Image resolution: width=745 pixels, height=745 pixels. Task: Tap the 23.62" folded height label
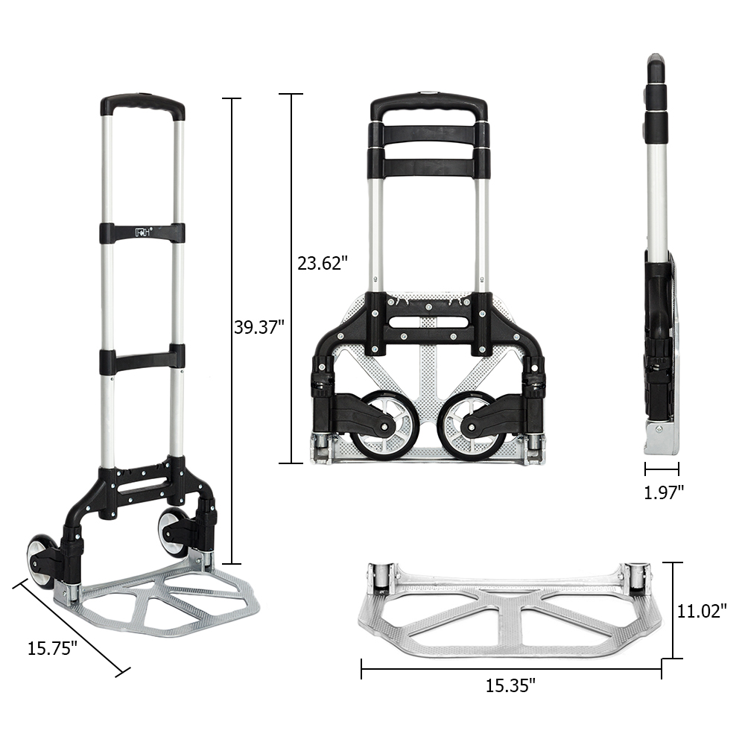coord(318,262)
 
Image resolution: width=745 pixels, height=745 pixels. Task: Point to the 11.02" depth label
coord(702,611)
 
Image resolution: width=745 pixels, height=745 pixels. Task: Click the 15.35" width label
coord(510,685)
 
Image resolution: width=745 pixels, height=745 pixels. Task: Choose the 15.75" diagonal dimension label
coord(53,648)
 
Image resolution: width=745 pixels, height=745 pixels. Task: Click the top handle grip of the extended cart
coord(142,104)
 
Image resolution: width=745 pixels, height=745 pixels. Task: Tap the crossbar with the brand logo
coord(142,232)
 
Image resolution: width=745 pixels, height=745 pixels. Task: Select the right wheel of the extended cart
coord(173,531)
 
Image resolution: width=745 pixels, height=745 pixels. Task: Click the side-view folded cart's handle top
coord(656,67)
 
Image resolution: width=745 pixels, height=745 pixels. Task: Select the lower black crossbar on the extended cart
coord(142,360)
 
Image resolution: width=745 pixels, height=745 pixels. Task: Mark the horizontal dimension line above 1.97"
coord(662,469)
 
